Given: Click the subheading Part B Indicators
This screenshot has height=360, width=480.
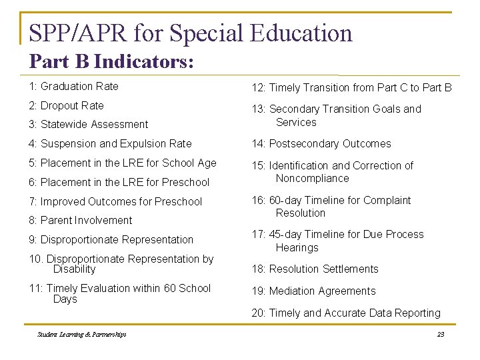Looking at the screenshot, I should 111,62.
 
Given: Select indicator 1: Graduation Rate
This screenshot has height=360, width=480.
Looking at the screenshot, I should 73,86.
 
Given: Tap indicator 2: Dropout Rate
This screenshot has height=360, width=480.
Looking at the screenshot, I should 66,105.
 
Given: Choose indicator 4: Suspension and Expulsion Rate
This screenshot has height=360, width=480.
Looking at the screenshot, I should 110,143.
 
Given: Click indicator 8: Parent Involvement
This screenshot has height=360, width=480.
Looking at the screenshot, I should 80,220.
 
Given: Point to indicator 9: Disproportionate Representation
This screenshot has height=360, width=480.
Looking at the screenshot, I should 111,239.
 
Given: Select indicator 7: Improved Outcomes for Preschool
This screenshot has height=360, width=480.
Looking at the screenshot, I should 115,201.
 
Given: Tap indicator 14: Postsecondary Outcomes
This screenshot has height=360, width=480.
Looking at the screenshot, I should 321,143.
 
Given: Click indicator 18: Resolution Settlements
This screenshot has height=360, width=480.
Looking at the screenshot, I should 315,269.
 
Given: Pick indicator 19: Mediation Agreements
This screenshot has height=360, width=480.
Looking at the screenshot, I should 313,291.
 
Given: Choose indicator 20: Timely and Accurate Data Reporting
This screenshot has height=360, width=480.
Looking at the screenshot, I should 346,313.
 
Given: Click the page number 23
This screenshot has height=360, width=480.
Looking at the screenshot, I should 440,335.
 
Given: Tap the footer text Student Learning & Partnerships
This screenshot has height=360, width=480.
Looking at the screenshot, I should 82,335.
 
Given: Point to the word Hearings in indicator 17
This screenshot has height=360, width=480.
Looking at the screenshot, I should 297,247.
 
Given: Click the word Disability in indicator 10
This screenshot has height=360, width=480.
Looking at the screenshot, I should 74,269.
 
